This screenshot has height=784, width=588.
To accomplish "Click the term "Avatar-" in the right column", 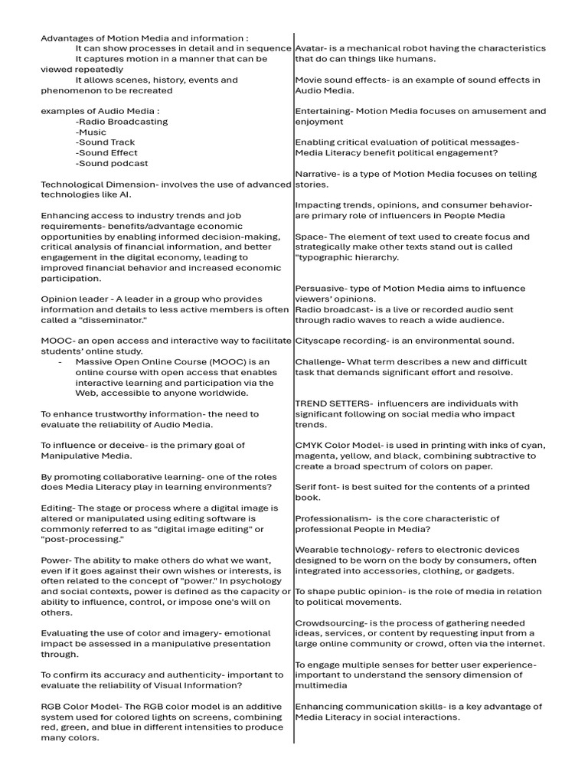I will click(x=312, y=48).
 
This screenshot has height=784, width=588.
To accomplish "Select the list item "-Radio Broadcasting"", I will click(x=121, y=122).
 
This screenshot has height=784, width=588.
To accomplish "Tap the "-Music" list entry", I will click(x=91, y=132).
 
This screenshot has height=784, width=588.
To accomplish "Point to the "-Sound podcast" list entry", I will click(x=112, y=163).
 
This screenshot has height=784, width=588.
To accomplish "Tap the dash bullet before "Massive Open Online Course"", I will click(x=60, y=361).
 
